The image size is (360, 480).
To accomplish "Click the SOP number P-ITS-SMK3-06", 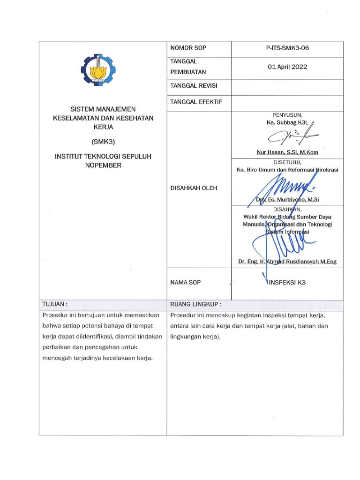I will [287, 48].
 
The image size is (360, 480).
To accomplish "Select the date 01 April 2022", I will [287, 67].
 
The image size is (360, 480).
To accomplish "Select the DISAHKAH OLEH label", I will [195, 188].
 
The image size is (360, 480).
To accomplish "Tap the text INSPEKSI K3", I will [287, 283].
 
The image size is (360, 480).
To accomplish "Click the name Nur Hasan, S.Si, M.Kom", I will [287, 152].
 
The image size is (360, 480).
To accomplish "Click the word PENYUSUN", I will [287, 115].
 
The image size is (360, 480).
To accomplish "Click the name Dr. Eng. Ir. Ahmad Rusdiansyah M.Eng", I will [287, 262].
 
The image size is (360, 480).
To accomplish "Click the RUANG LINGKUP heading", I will [195, 304].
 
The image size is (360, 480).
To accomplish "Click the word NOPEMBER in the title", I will [103, 165].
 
